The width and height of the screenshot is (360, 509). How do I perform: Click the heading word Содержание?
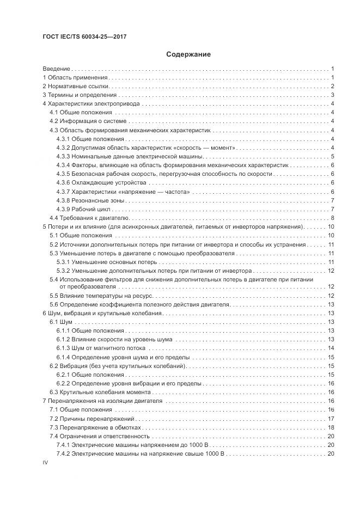pyautogui.click(x=188, y=54)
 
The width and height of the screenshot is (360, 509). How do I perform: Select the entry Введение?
pyautogui.click(x=57, y=69)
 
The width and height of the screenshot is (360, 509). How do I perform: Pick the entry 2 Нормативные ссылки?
pyautogui.click(x=76, y=86)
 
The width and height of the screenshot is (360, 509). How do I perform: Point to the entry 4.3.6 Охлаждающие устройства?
pyautogui.click(x=101, y=182)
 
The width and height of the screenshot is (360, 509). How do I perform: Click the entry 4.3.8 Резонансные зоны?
pyautogui.click(x=90, y=200)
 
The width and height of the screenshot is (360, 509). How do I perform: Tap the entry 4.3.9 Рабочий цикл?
pyautogui.click(x=84, y=209)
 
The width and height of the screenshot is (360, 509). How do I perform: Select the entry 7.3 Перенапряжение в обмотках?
pyautogui.click(x=93, y=427)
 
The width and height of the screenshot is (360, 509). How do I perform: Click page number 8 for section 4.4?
pyautogui.click(x=332, y=218)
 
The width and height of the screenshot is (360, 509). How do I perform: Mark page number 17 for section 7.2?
pyautogui.click(x=331, y=419)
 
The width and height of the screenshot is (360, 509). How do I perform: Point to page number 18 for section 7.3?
pyautogui.click(x=331, y=427)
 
